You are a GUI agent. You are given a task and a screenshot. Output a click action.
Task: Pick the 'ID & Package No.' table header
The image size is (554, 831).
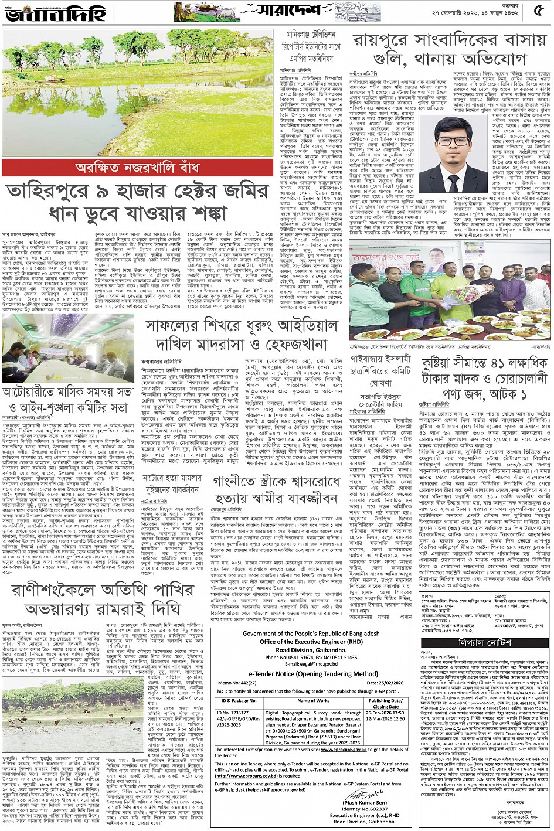[239, 701]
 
